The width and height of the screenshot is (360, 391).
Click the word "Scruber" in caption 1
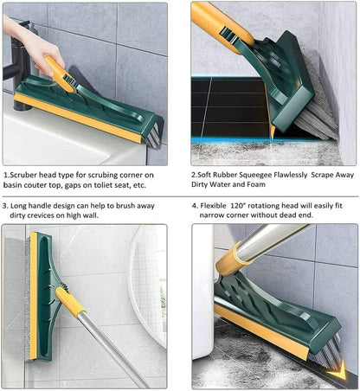(25, 173)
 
